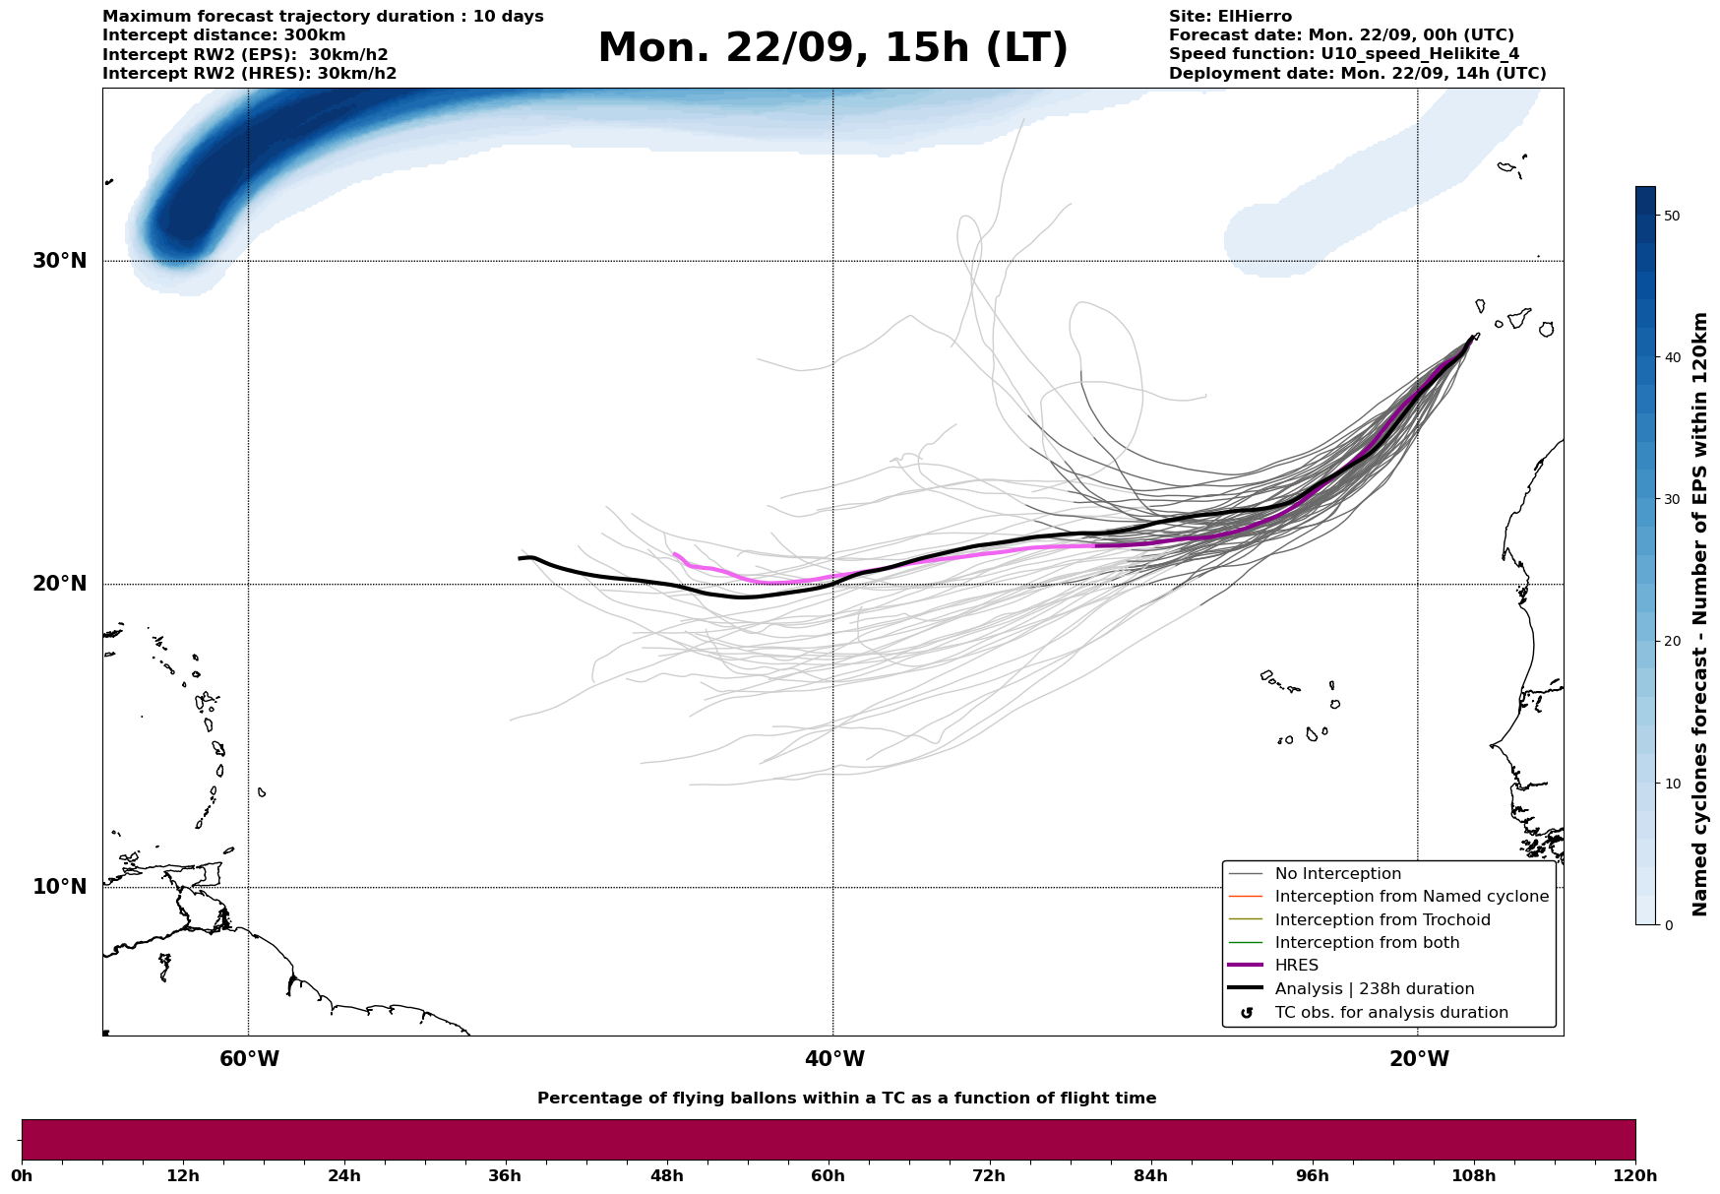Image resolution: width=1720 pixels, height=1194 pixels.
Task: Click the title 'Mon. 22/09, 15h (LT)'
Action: coord(832,48)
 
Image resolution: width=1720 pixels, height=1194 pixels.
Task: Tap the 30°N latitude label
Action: coord(60,261)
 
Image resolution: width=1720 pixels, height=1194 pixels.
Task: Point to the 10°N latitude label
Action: coord(60,887)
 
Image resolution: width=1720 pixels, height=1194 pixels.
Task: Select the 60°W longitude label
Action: coord(249,1059)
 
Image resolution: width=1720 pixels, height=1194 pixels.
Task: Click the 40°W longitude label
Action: coord(834,1059)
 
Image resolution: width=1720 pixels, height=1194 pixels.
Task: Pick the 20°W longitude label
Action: coord(1419,1059)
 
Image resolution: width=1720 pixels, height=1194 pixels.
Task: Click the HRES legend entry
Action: coord(1296,966)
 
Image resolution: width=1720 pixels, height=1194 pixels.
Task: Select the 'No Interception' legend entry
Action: coord(1337,874)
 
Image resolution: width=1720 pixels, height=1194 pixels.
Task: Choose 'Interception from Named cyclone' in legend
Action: coord(1411,897)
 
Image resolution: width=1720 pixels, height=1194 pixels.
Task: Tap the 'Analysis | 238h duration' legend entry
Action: coord(1374,989)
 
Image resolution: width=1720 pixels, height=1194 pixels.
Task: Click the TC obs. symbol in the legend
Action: coord(1247,1013)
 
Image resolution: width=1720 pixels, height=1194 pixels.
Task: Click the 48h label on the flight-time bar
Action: coord(666,1176)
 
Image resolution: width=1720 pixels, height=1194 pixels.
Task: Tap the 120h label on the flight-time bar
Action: coord(1634,1176)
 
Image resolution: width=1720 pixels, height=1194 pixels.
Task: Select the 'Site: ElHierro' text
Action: coord(1230,17)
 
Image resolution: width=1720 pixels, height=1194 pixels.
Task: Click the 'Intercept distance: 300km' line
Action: coord(223,35)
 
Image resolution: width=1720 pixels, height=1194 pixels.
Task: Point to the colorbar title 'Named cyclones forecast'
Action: coord(1699,614)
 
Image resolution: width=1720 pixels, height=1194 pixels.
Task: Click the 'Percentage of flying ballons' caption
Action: coord(846,1099)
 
